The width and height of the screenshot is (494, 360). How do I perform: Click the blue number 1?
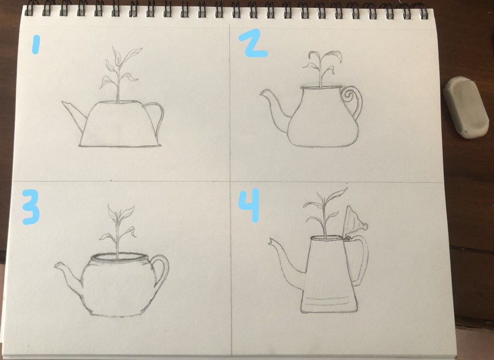(36, 44)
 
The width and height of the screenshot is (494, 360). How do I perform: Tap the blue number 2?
(253, 43)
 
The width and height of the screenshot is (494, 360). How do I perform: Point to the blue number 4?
(249, 205)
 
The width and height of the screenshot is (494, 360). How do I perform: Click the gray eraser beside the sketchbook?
(466, 108)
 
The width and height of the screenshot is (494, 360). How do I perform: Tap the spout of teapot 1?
(74, 114)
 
